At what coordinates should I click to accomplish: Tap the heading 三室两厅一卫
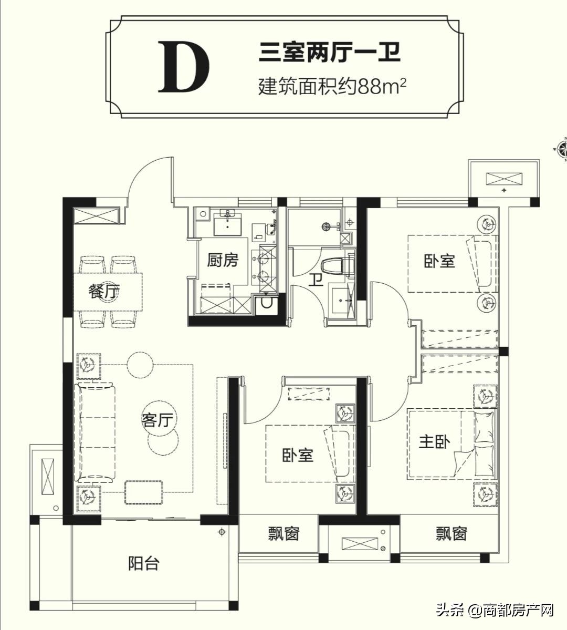tap(330, 54)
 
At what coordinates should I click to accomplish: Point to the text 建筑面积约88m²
tap(333, 85)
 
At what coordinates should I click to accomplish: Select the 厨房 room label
tap(223, 260)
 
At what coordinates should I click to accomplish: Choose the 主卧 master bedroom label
tap(434, 442)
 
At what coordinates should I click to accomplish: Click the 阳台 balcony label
tap(143, 564)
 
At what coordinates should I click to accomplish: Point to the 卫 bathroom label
tap(315, 278)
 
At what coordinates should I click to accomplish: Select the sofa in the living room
tap(96, 432)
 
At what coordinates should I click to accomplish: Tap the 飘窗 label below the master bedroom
tap(451, 534)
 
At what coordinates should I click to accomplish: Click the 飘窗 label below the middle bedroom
tap(283, 534)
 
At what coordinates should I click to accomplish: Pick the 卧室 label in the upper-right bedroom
tap(439, 261)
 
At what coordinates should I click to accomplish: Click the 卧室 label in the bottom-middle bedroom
tap(297, 455)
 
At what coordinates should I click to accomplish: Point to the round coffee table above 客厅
tap(140, 364)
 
